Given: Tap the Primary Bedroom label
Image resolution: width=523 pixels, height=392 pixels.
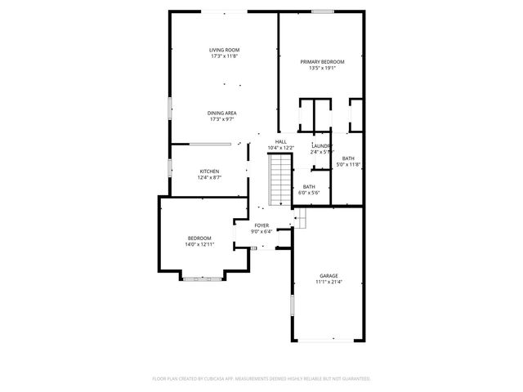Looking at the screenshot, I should coord(322,62).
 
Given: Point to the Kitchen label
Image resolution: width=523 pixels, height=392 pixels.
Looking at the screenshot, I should coord(209,171).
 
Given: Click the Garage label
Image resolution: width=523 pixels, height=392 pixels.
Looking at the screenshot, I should coord(329,276).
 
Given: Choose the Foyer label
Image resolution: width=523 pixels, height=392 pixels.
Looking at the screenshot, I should coord(261,225).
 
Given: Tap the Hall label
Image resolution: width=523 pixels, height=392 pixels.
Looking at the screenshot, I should coord(280,142).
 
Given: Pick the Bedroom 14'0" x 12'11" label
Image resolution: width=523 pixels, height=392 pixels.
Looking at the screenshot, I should coord(199,238).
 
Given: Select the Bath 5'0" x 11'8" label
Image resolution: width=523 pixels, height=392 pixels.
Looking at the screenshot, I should coord(348,158).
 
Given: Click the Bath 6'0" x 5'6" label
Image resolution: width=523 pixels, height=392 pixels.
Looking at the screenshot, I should coord(309,187).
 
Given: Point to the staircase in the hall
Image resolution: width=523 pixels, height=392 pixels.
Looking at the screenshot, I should coord(280,174).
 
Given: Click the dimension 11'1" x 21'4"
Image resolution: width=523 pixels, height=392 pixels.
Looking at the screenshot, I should coord(329,283).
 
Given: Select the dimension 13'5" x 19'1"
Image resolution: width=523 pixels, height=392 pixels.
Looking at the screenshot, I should coord(322,69).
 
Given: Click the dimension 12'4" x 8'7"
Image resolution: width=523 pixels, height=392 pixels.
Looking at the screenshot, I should coord(209,178).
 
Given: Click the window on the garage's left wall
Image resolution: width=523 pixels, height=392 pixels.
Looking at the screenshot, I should coord(292,308).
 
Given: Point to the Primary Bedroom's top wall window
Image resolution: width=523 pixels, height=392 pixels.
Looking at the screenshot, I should coord(322,11).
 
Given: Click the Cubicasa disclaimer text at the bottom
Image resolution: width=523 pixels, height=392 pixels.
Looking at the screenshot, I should coord(261,379).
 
